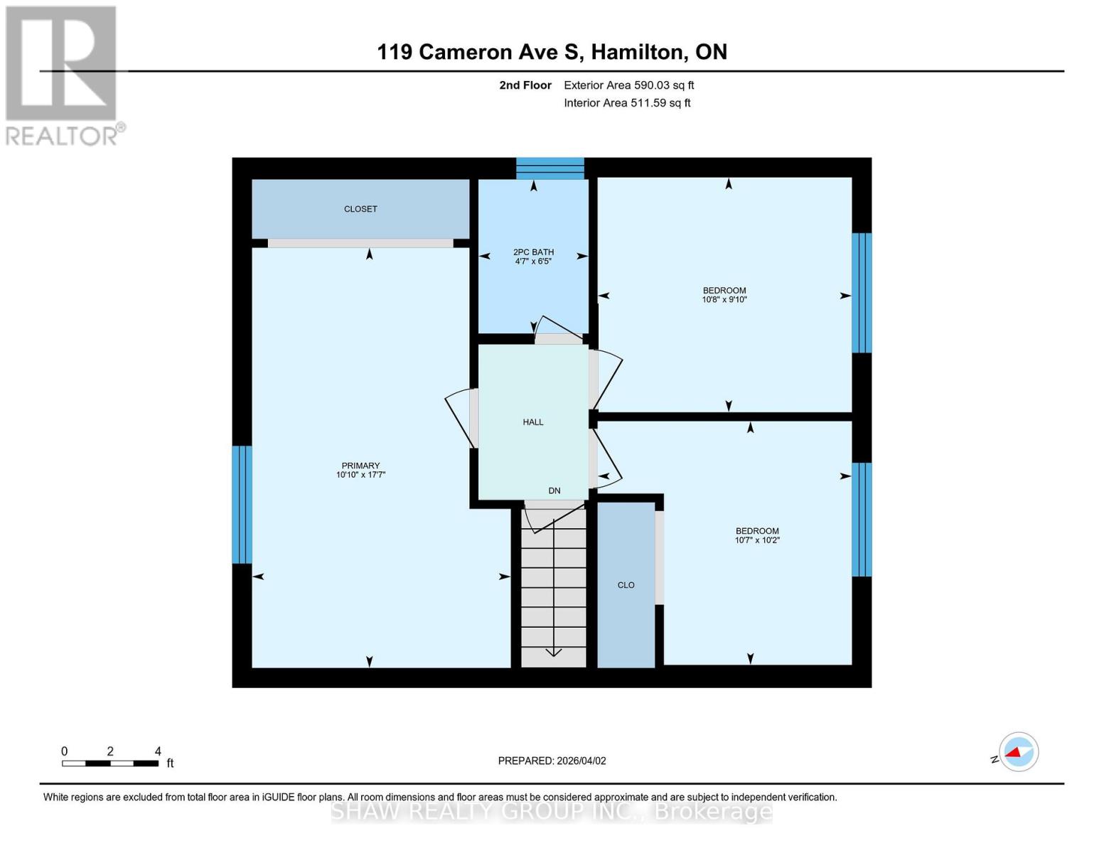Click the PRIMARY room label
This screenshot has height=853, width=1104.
[360, 466]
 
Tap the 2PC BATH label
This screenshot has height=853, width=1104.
[533, 252]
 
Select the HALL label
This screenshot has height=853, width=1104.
[533, 422]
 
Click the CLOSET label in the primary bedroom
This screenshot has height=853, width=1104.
[360, 209]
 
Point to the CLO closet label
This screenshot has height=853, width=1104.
[626, 585]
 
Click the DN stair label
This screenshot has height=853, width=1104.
[554, 490]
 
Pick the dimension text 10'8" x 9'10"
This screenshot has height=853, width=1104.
[724, 300]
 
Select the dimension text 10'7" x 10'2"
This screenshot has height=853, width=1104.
[757, 540]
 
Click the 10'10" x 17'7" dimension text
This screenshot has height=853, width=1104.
[360, 475]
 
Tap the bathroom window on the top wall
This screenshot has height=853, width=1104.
[550, 168]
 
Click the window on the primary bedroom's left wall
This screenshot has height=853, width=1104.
[242, 505]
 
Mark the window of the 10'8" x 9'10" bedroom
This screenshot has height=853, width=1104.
[862, 293]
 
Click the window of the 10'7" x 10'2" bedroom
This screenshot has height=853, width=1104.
[862, 520]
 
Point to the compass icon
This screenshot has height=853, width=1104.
[1018, 752]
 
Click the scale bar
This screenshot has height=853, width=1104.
[110, 763]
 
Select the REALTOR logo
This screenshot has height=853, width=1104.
[63, 75]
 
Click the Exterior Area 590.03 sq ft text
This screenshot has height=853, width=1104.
[628, 85]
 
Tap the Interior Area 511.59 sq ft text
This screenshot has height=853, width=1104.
[627, 103]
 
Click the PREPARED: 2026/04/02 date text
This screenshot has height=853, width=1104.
[552, 761]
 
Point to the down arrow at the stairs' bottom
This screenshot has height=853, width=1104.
[554, 652]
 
